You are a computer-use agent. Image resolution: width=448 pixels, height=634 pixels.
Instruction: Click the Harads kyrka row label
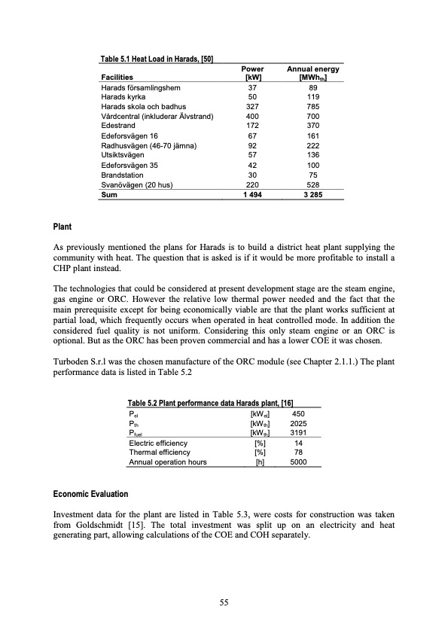click(x=121, y=97)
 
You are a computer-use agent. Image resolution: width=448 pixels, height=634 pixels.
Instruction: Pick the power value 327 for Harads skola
click(x=253, y=107)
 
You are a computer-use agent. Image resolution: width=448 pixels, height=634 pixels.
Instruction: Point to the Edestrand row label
click(x=120, y=126)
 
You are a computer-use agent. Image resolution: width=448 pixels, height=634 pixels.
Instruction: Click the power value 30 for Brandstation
click(x=253, y=175)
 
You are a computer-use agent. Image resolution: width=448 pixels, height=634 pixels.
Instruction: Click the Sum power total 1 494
click(x=253, y=194)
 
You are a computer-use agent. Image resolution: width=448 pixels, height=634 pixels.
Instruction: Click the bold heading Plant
click(x=62, y=226)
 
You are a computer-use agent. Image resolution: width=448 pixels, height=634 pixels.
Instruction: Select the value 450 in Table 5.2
click(x=298, y=413)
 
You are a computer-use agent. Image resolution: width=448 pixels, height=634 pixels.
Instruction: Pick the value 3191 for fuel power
click(x=298, y=432)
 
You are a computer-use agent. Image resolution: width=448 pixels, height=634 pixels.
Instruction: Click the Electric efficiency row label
click(x=159, y=443)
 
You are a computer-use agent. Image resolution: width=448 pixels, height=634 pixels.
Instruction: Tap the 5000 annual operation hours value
click(x=298, y=462)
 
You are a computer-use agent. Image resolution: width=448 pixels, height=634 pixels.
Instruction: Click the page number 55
click(x=224, y=602)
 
